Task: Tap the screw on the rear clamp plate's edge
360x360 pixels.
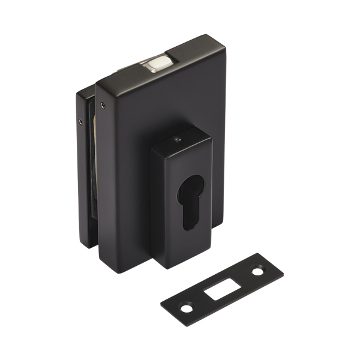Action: (82, 121)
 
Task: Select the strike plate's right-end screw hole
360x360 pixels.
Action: (257, 270)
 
